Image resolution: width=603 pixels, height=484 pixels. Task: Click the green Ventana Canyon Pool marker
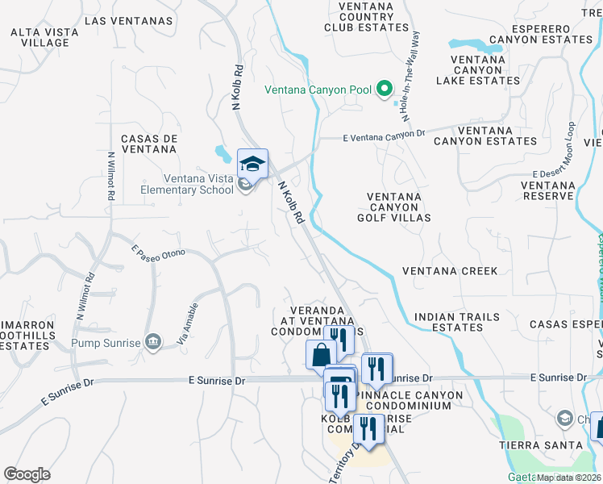pos(385,90)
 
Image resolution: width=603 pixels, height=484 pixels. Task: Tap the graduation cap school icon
pos(252,164)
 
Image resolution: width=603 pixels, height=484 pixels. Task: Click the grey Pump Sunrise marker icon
pos(152,342)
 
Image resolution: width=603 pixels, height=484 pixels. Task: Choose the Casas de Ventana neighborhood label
pos(148,144)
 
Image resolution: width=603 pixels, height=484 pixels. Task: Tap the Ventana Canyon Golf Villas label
pos(399,207)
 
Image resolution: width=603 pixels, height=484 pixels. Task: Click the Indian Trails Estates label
pos(455,322)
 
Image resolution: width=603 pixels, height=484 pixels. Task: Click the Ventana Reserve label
pos(547,190)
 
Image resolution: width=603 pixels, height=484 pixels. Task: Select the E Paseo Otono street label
pos(158,252)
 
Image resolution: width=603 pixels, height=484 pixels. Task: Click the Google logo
pos(27,474)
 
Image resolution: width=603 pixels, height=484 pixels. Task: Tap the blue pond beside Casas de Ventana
pos(221,151)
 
